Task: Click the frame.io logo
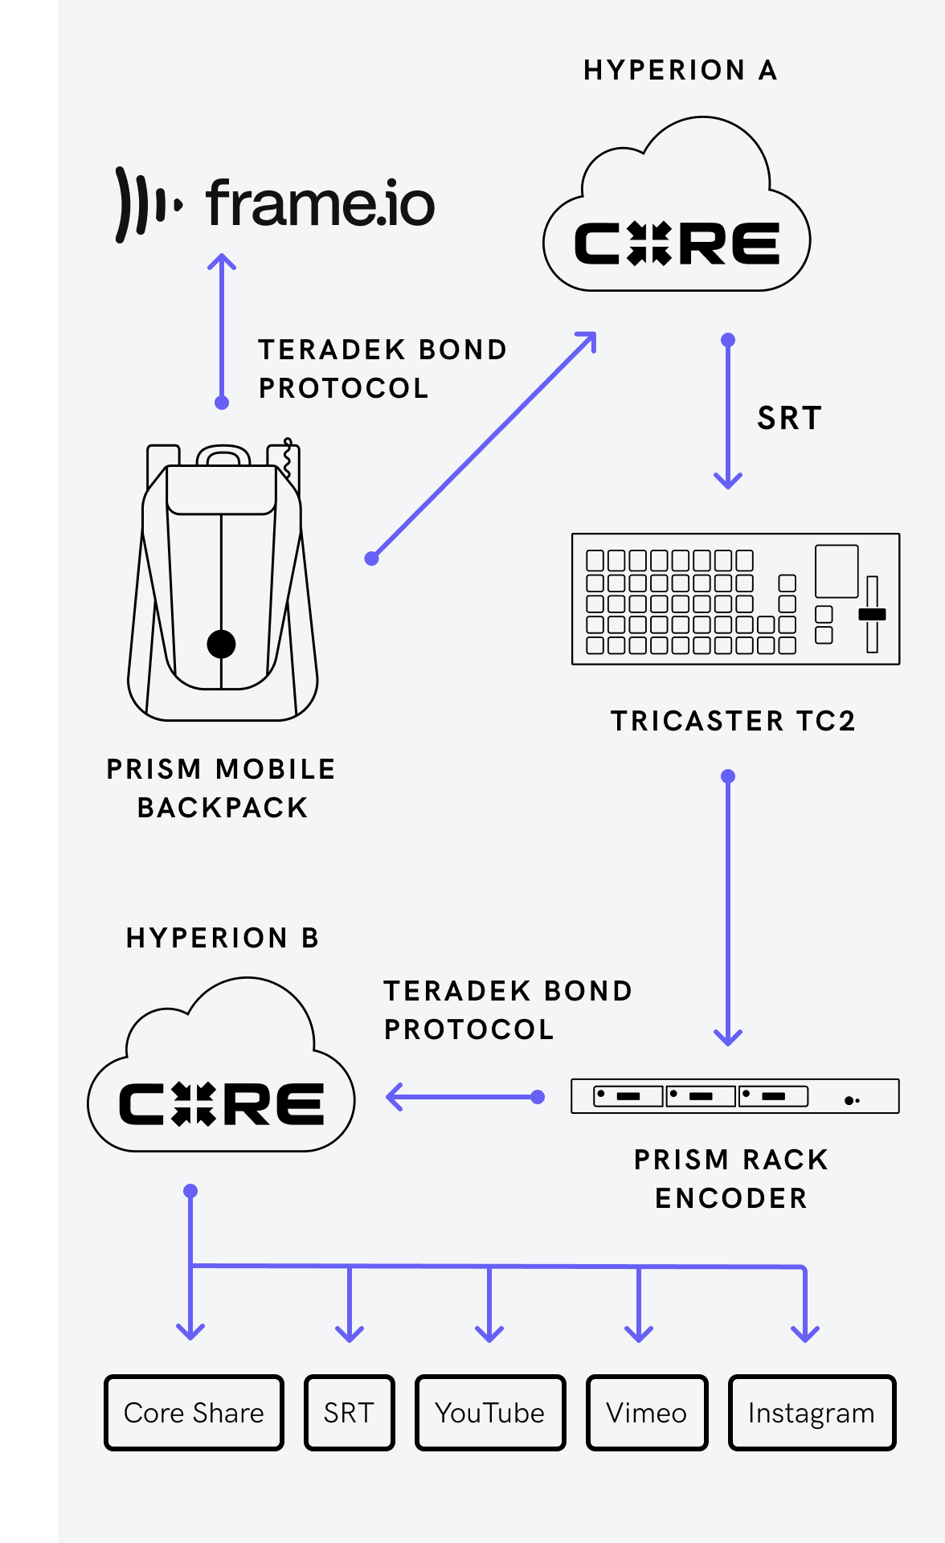coord(276,203)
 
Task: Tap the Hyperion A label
coord(680,71)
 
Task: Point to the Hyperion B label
coord(223,938)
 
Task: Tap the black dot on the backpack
coord(221,644)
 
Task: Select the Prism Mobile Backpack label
coord(221,788)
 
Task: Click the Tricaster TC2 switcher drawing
coord(735,599)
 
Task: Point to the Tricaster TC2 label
coord(733,721)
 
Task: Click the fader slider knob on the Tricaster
coord(872,614)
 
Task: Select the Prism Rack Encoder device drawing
coord(734,1096)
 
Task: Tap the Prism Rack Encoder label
coord(730,1178)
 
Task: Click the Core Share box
coord(194,1413)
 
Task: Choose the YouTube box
coord(490,1413)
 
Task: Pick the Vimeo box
coord(647,1413)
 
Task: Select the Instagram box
coord(812,1413)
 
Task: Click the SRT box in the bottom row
coord(349,1413)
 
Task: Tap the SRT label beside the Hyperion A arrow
coord(789,418)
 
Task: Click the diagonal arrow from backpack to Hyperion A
coord(482,446)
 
